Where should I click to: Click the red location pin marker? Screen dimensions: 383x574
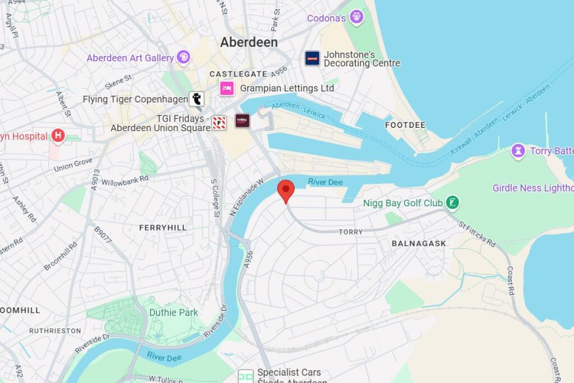(x=286, y=190)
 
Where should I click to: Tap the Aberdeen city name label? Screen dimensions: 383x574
(x=248, y=42)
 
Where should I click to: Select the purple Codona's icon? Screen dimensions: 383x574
(x=357, y=17)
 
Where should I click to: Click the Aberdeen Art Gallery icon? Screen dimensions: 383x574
(x=183, y=57)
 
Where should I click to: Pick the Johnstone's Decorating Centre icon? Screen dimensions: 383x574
(x=312, y=58)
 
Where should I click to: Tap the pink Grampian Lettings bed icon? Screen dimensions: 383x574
(x=227, y=88)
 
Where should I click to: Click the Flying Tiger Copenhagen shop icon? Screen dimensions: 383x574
(x=196, y=99)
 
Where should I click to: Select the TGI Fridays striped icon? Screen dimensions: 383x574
(x=219, y=123)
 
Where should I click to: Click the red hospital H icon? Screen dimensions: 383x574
(x=58, y=136)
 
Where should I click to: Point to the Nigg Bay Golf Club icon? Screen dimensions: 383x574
(x=452, y=203)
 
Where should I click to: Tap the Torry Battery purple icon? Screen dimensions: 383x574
(x=518, y=151)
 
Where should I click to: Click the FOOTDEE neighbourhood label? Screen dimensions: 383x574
(x=405, y=125)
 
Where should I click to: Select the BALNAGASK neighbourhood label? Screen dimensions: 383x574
(x=419, y=243)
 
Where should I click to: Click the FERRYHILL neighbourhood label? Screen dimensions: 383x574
(x=163, y=228)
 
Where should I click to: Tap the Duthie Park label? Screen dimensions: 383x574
(x=173, y=312)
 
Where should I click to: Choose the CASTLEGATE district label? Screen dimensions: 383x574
(x=238, y=74)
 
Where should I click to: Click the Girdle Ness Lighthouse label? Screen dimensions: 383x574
(x=533, y=188)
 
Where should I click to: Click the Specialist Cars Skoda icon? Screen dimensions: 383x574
(x=246, y=376)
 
